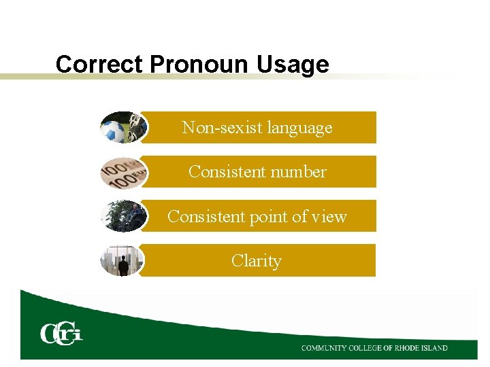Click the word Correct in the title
[100, 65]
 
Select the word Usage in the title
[293, 65]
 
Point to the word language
[300, 128]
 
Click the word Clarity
[256, 261]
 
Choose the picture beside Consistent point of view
[122, 216]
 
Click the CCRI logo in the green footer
[61, 334]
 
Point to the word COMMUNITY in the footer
[324, 348]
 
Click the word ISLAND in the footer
[438, 348]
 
